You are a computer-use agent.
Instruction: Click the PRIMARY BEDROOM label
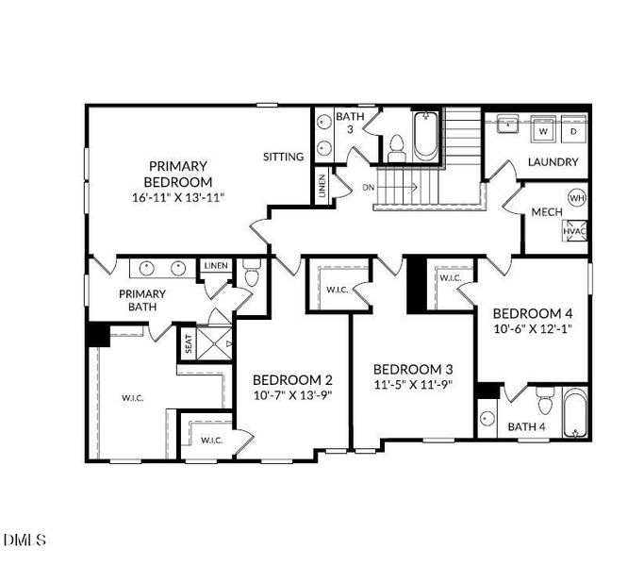177,174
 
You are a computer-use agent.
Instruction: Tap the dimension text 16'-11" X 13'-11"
177,197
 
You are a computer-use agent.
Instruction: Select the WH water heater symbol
576,198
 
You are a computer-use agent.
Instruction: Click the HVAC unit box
574,231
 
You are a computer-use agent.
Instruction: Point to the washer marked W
544,131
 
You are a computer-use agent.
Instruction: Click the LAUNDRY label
553,162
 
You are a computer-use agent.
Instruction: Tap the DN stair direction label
369,187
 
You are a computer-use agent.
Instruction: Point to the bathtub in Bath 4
574,415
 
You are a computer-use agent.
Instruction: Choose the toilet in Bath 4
543,405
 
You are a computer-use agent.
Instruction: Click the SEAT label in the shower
189,344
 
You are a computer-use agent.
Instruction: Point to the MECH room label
547,212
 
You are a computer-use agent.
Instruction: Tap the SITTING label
283,157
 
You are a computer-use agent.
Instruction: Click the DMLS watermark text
25,541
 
